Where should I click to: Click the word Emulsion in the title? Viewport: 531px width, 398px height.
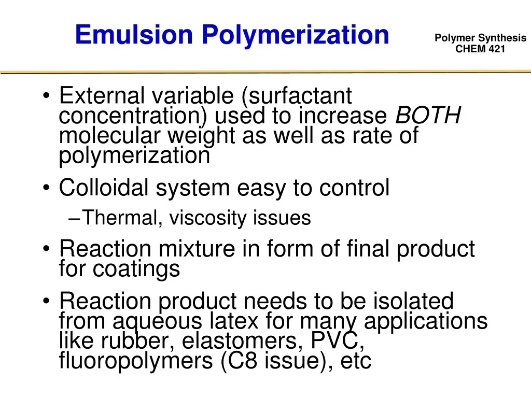134,35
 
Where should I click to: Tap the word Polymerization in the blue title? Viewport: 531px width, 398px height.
295,35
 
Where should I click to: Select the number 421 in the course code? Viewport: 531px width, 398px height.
495,49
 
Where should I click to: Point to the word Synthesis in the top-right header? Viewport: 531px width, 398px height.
502,38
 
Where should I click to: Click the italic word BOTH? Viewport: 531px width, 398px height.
428,116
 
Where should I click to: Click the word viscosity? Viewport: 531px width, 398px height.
208,218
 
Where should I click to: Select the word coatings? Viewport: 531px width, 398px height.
137,269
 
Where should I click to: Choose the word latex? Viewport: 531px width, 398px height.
233,321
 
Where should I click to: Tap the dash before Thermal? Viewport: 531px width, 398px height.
73,219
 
